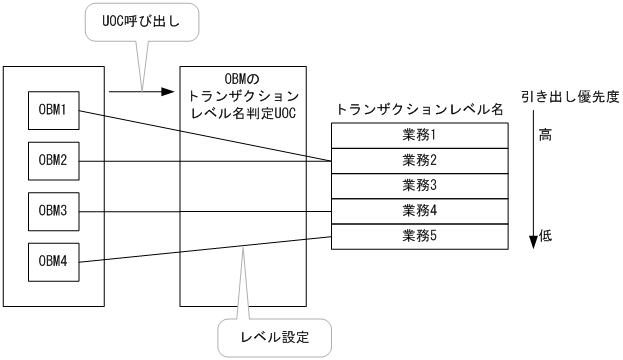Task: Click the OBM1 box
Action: tap(52, 109)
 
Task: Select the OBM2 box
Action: tap(52, 160)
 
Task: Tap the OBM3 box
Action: tap(52, 211)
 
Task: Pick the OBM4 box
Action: tap(52, 261)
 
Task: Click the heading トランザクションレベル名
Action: tap(419, 110)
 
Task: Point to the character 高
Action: tap(545, 136)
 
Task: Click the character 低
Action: tap(545, 236)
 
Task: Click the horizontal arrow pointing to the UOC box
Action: tap(135, 91)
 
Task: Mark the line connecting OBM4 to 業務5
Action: tap(200, 249)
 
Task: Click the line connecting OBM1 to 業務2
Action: tap(200, 134)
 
